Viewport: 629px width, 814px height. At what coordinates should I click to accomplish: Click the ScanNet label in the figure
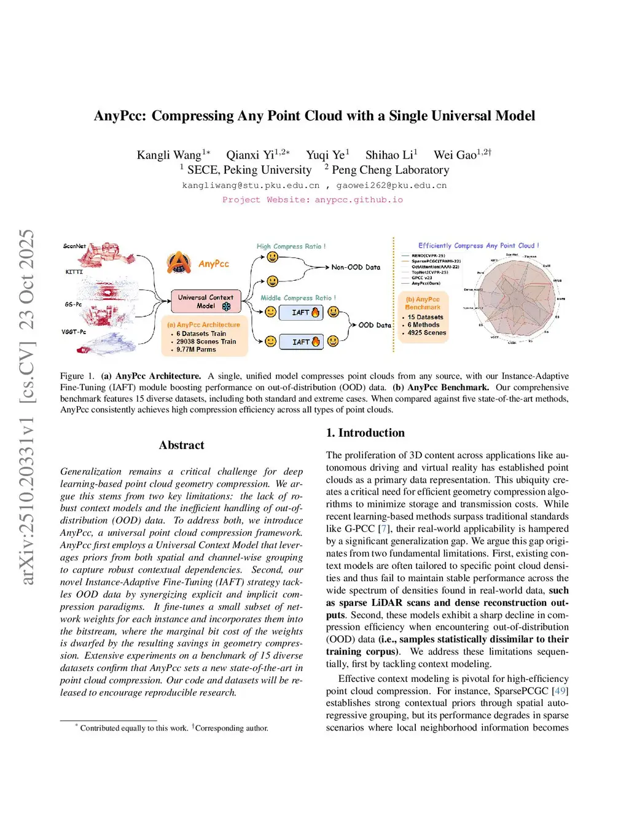click(x=74, y=246)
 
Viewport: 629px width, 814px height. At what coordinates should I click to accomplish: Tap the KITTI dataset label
click(x=74, y=272)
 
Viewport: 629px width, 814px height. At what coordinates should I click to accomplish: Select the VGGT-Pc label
click(x=74, y=332)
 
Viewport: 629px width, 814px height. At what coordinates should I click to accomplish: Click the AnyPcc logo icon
click(x=179, y=262)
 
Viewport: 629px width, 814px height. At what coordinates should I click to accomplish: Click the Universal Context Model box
click(x=205, y=301)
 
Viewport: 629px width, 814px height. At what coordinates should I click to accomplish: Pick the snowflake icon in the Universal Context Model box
click(x=226, y=306)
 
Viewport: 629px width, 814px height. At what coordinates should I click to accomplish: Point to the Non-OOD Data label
click(x=356, y=267)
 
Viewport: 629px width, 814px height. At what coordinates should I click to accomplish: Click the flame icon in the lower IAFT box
click(x=316, y=342)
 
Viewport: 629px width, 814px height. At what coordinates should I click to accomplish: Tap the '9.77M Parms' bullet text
click(x=196, y=350)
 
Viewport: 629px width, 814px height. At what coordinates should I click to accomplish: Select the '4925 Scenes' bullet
click(x=427, y=333)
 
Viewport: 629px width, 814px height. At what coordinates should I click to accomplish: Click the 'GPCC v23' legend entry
click(x=422, y=278)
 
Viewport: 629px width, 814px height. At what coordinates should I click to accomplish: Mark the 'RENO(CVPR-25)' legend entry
click(x=428, y=256)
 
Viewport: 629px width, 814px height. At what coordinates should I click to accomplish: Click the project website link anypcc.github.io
click(x=359, y=200)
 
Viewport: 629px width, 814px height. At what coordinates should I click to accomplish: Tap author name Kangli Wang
click(x=169, y=155)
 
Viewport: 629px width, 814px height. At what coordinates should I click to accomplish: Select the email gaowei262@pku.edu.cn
click(x=391, y=186)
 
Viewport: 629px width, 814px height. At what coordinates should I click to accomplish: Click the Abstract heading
click(x=181, y=445)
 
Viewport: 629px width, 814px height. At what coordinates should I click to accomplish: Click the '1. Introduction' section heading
click(x=365, y=432)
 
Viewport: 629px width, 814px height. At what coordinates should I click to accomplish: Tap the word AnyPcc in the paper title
click(x=120, y=115)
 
